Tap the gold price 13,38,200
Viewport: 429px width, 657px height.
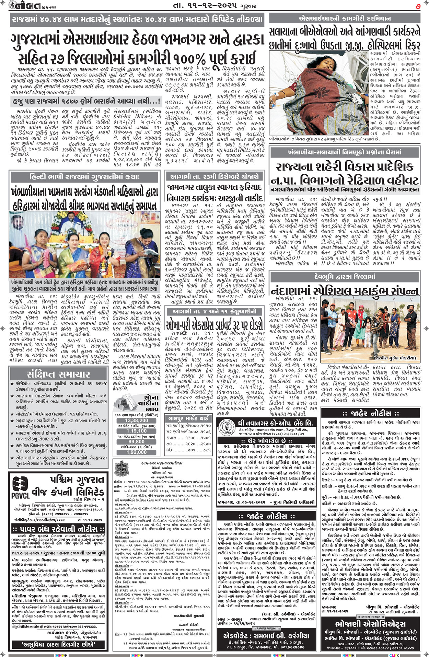coord(136,420)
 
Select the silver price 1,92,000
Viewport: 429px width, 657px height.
coord(136,452)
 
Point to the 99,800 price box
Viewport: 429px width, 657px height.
coord(136,442)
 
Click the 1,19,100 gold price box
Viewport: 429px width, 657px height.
coord(136,431)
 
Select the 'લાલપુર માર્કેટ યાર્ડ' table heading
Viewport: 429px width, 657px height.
coord(188,418)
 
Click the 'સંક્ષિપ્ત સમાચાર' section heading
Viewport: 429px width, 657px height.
coord(58,374)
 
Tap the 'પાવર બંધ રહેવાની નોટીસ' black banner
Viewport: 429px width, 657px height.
coord(58,529)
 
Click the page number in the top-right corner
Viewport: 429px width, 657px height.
coord(418,5)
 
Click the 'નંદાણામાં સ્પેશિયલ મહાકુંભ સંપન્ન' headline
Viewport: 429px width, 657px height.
coord(345,291)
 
